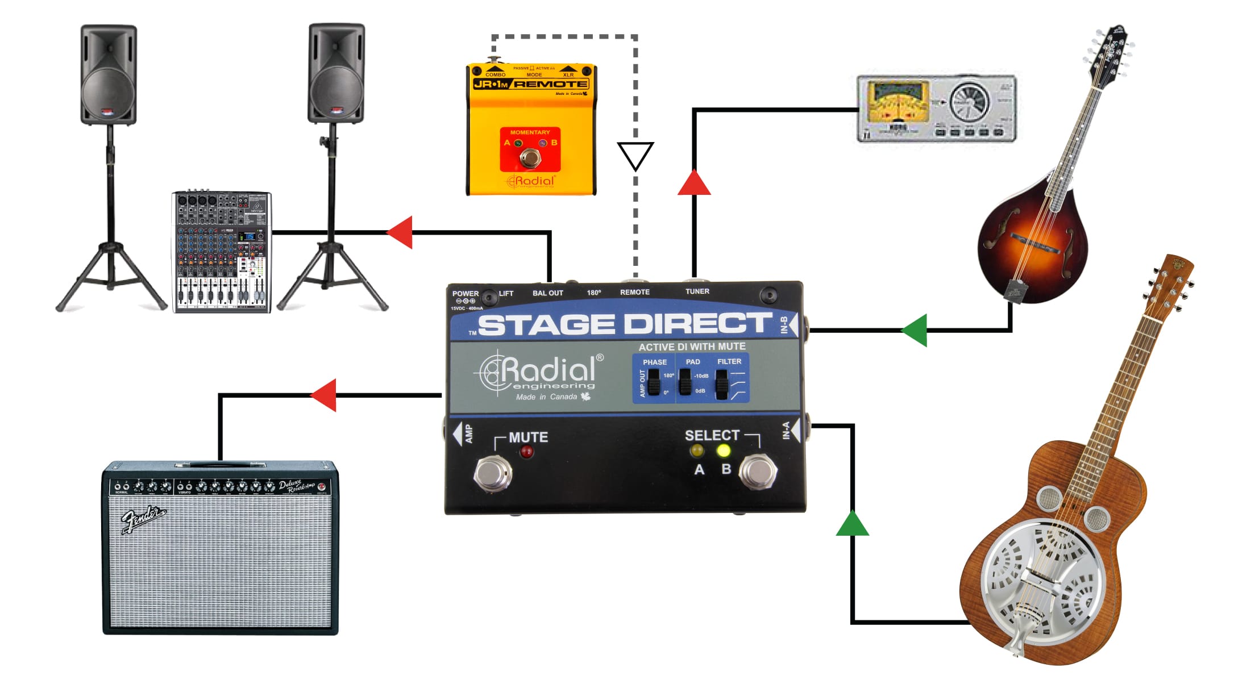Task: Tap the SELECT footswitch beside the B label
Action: tap(758, 471)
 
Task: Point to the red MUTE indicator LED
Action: tap(527, 452)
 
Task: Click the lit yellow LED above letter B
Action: tap(723, 451)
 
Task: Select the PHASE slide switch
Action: tap(654, 382)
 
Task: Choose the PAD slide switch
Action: tap(685, 381)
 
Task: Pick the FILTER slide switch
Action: tap(721, 384)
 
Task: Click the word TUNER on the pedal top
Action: tap(697, 291)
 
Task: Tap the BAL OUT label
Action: tap(547, 293)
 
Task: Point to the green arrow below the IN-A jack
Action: tap(852, 524)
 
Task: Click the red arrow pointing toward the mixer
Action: tap(400, 232)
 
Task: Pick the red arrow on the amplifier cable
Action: tap(324, 395)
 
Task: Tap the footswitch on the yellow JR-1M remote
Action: tap(530, 157)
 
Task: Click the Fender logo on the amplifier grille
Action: tap(143, 519)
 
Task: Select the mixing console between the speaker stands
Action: tap(221, 252)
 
